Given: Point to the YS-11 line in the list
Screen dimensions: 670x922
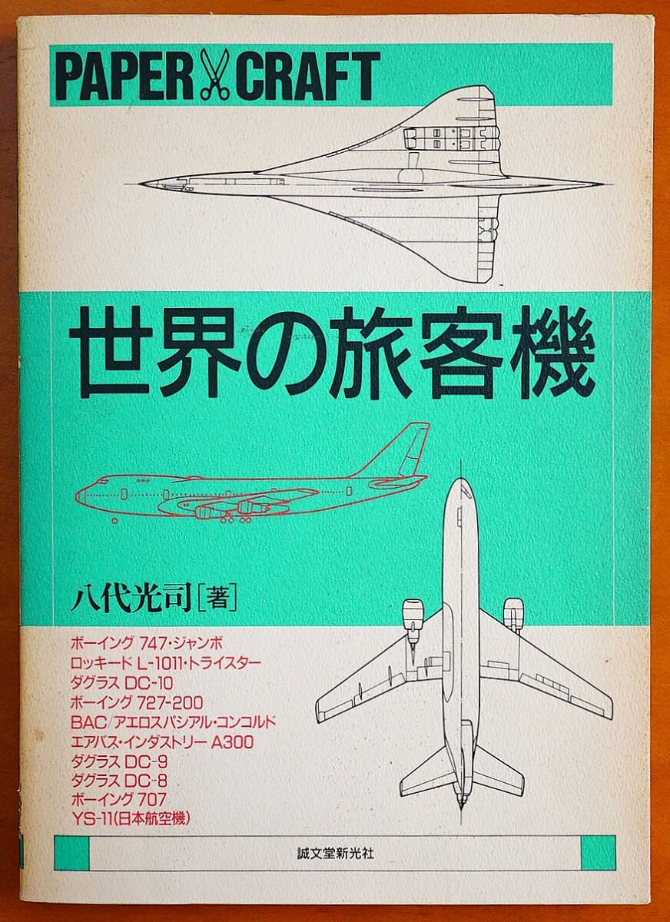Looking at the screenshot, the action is pos(130,818).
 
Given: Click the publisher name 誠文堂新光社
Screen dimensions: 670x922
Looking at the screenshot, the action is pos(336,853).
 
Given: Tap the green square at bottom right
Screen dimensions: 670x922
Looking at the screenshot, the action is pos(599,853).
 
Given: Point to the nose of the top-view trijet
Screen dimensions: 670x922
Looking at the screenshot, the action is pos(461,484).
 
